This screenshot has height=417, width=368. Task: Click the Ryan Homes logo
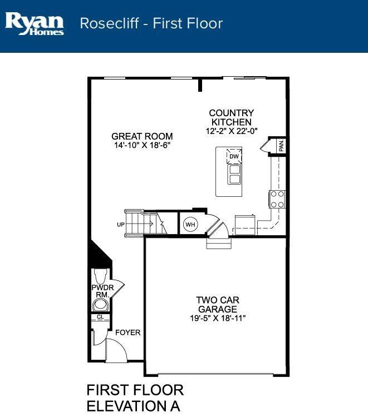[35, 24]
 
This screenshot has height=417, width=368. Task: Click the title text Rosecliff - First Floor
[151, 23]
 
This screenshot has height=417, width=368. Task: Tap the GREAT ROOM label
[142, 136]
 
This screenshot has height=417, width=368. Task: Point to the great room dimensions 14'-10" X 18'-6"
[142, 145]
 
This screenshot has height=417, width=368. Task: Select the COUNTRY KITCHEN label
[232, 117]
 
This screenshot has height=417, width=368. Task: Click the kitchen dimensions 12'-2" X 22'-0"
[232, 131]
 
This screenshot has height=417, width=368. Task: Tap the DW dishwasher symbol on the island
[234, 156]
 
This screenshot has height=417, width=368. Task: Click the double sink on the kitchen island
[234, 174]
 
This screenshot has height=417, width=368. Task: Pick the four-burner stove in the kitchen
[277, 199]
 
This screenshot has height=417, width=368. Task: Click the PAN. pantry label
[282, 146]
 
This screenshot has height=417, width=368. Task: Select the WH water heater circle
[190, 225]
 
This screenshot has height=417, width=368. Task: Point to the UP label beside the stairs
[121, 225]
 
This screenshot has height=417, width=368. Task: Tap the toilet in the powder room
[101, 276]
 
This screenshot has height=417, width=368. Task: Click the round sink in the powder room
[101, 305]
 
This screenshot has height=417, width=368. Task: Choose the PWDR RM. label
[102, 291]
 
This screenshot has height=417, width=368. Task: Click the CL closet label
[100, 317]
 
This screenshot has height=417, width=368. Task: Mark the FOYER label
[128, 332]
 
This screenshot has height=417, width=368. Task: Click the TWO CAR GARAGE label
[218, 305]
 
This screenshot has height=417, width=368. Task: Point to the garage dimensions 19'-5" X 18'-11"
[218, 318]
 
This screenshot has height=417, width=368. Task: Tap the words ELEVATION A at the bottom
[134, 406]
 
